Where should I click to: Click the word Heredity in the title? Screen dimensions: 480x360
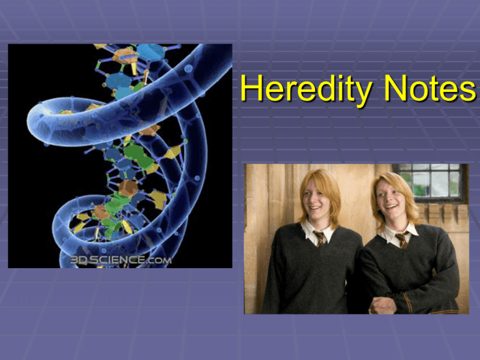tap(306, 89)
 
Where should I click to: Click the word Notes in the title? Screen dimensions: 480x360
tap(430, 88)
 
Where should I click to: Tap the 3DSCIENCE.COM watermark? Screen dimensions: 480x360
tap(121, 260)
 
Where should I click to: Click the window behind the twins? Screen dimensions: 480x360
tap(430, 182)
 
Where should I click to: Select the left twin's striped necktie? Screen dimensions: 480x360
tap(319, 239)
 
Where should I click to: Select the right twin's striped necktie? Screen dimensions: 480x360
tap(402, 240)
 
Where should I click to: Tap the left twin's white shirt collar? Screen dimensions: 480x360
tap(318, 232)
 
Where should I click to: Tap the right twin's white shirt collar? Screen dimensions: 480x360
tap(399, 234)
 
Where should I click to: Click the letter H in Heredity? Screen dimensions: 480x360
tap(251, 88)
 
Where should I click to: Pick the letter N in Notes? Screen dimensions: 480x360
tap(396, 88)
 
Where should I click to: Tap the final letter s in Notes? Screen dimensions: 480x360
tap(467, 91)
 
